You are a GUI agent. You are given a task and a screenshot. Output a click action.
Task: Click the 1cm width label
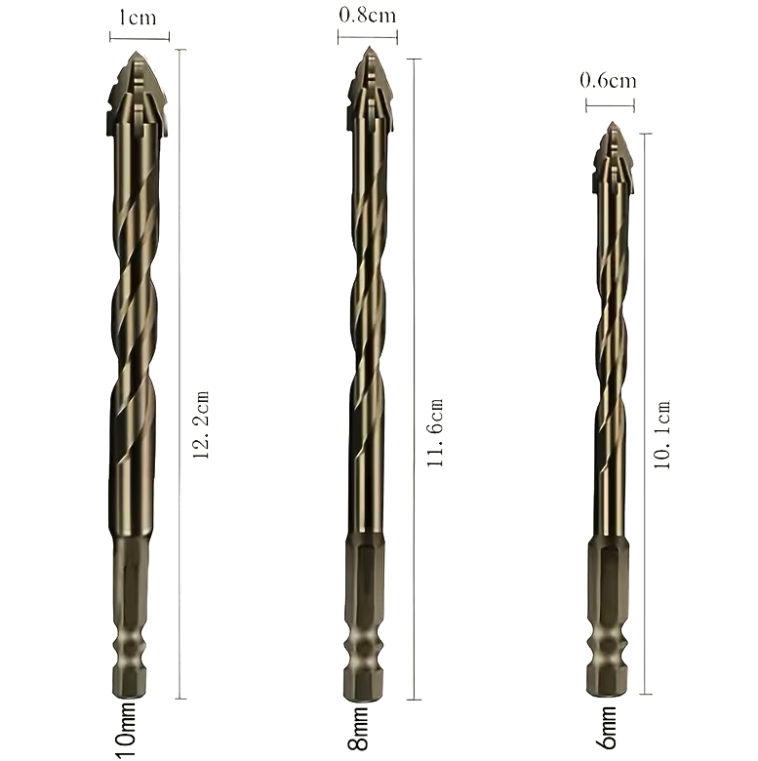pos(138,18)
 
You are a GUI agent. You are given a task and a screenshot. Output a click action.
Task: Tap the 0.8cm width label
pos(368,15)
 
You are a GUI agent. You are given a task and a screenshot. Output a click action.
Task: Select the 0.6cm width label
pos(608,80)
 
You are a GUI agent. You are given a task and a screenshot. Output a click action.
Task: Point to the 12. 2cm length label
pos(201,424)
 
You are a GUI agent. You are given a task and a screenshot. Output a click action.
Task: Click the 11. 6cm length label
pos(435,433)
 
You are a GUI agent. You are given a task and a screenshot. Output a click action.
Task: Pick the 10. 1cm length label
pos(662,434)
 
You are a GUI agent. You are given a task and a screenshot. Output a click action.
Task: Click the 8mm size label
pos(358,729)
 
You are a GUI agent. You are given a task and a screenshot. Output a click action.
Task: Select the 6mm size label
pos(607,727)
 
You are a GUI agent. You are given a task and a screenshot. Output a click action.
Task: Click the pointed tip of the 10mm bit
pos(136,52)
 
